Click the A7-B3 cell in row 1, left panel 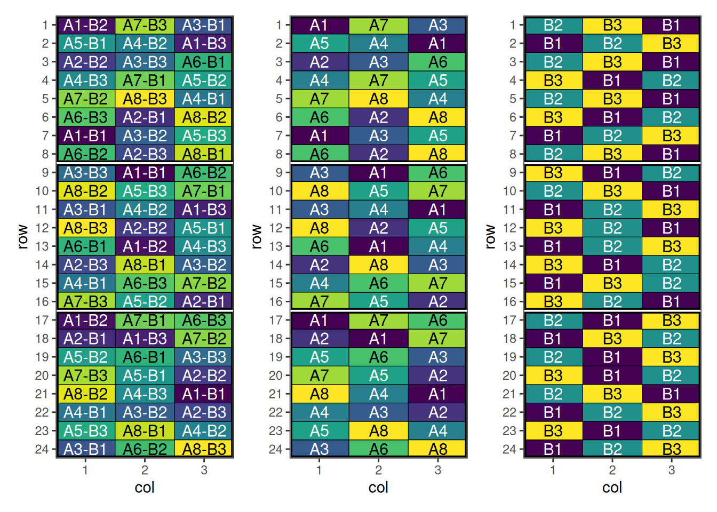click(x=145, y=25)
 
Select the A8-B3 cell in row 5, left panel click(x=145, y=99)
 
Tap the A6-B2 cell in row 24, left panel click(x=145, y=449)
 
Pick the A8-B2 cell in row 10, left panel click(x=85, y=191)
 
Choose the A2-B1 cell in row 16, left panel click(x=204, y=301)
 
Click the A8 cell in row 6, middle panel click(x=437, y=117)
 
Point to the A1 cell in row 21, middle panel click(x=437, y=394)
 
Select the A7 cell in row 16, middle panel click(x=319, y=301)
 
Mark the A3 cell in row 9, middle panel click(x=319, y=173)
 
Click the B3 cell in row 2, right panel click(x=671, y=43)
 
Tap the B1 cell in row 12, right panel click(x=671, y=228)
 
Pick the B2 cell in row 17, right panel click(x=553, y=320)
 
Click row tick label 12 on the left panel click(x=42, y=228)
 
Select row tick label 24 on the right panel click(x=509, y=450)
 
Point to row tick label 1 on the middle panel click(x=279, y=25)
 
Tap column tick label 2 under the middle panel click(x=378, y=470)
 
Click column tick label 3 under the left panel click(x=204, y=470)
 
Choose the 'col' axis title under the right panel click(x=612, y=487)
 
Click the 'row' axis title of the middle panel click(x=257, y=237)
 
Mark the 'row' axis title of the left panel click(x=22, y=237)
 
